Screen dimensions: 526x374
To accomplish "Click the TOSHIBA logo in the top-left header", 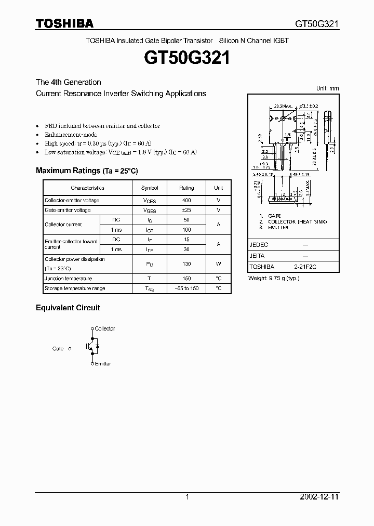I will point(64,23).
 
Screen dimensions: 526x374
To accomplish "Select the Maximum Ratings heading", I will point(87,170).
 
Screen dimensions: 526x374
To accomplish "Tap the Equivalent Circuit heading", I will point(68,308).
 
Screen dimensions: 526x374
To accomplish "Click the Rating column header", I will point(186,188).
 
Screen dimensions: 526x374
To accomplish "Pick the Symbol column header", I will point(150,188).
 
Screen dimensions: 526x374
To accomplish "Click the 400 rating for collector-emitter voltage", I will point(186,201).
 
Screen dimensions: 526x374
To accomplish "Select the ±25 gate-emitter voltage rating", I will point(186,210).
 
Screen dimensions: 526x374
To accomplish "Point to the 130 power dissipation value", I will point(186,264).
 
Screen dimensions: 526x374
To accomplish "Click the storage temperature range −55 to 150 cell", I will point(186,288).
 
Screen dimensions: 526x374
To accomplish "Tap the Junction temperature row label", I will point(68,279).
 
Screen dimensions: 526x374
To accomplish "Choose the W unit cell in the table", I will point(219,264).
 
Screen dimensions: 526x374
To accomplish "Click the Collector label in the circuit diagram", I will point(105,328).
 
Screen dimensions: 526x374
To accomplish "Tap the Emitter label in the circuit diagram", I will point(103,364).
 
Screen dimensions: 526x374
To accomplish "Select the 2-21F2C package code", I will point(305,267).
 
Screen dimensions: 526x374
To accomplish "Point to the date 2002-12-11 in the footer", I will point(319,497).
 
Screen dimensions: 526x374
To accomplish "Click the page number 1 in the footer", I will point(187,497).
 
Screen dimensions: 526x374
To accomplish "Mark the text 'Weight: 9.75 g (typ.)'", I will point(273,278).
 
